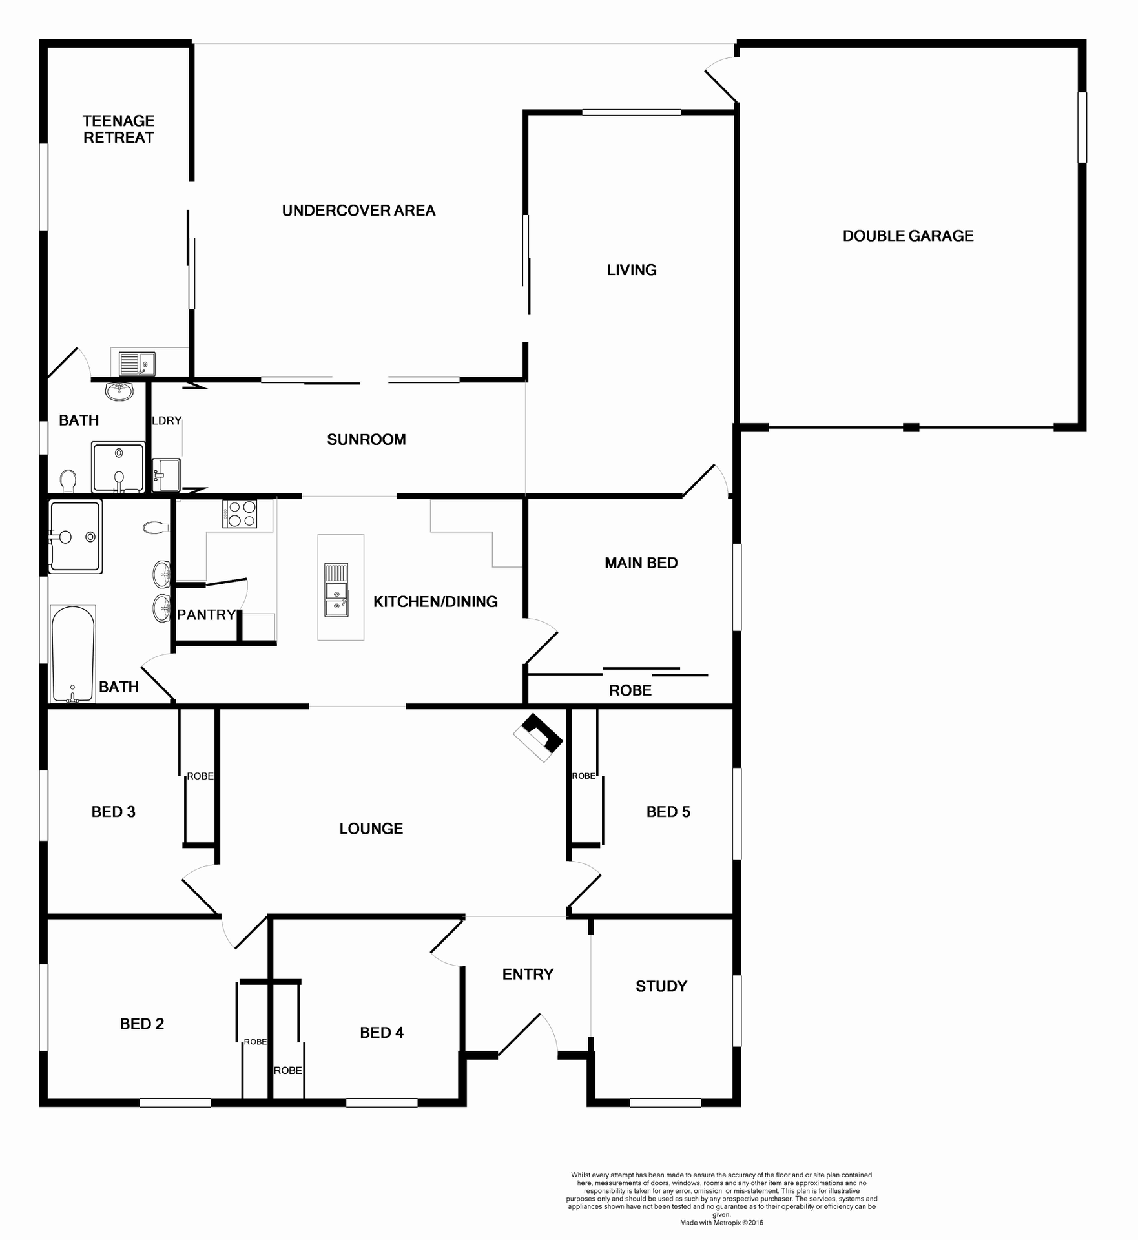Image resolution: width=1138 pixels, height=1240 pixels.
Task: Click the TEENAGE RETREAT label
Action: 118,129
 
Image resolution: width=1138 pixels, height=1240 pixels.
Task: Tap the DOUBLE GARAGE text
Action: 907,236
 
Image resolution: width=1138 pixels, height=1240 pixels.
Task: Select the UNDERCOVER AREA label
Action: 358,211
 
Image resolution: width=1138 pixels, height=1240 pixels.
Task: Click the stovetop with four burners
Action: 240,514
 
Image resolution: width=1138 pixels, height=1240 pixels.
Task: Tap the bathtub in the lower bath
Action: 73,653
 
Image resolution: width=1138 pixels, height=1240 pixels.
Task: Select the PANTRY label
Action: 206,615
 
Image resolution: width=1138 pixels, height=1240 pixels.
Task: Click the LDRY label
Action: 167,420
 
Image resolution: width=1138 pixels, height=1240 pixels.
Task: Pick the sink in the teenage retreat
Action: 137,364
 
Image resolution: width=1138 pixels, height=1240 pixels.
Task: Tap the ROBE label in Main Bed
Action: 630,690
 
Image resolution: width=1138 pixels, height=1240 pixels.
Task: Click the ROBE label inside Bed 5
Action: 583,776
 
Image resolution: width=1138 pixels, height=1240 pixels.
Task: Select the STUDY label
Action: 661,986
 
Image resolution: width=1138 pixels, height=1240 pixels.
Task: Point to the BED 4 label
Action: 381,1033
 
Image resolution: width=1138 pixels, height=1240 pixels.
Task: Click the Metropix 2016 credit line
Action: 721,1223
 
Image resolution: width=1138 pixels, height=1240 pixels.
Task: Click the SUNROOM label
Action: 366,440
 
